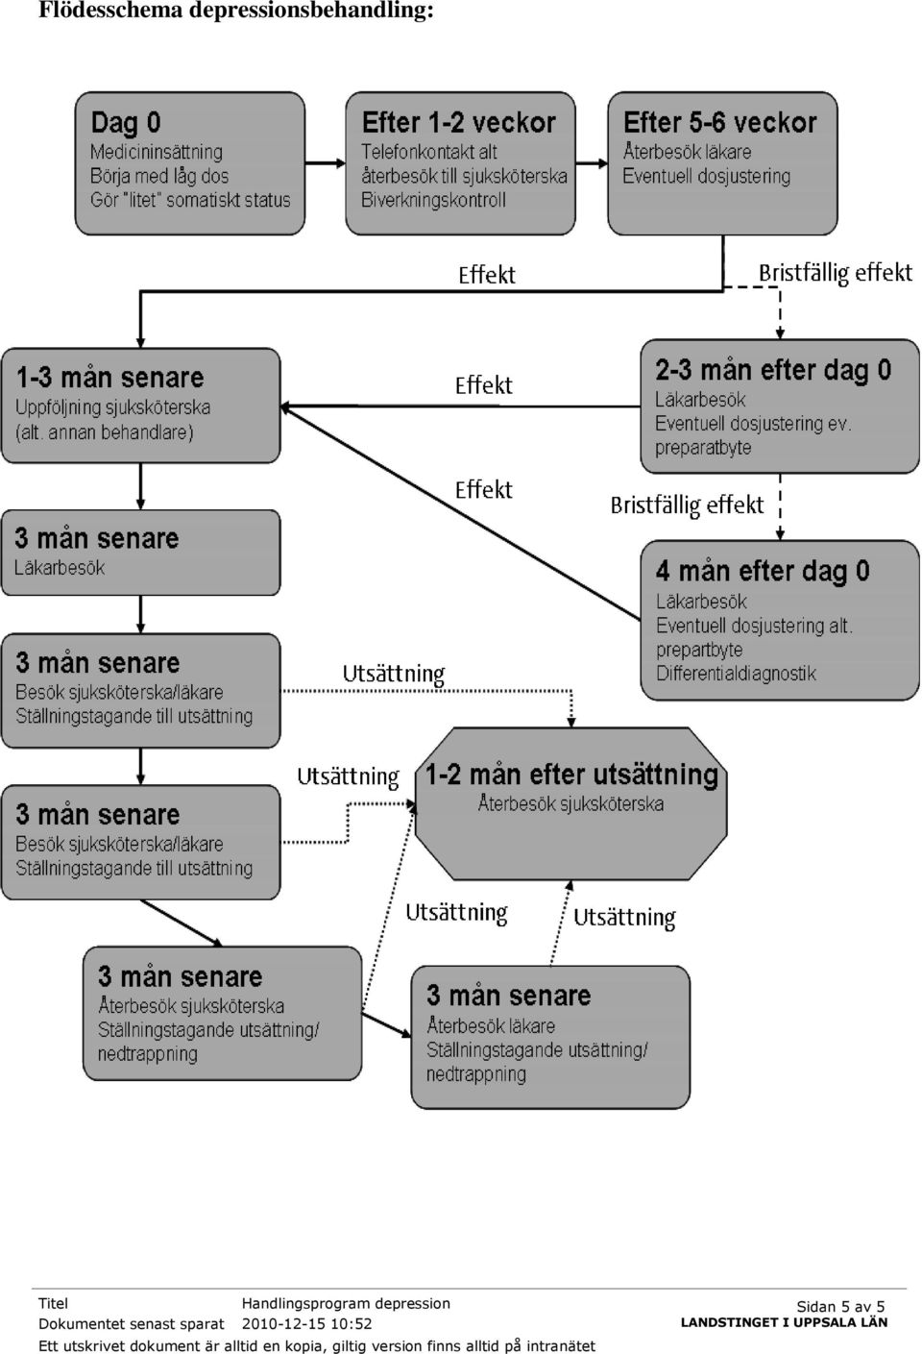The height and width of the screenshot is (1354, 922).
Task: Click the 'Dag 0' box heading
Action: (126, 123)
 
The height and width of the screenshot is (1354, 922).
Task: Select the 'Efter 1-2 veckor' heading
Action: (458, 123)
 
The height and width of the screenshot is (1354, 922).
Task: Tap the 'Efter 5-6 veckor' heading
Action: (719, 123)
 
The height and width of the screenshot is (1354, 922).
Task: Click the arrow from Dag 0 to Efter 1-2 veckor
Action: (325, 163)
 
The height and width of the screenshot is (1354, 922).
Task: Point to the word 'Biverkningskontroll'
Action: (433, 200)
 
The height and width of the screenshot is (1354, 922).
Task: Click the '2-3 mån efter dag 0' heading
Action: (773, 370)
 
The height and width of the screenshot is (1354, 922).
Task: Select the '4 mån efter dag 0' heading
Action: (763, 571)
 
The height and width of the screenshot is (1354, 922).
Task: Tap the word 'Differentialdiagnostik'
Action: (736, 674)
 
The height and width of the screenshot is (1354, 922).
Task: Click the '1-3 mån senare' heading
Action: (109, 378)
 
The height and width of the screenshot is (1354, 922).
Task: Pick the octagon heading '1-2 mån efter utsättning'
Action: (571, 775)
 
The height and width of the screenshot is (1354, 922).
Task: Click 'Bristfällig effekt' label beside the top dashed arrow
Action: (835, 273)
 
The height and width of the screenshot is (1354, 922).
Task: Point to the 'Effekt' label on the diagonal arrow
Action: (483, 490)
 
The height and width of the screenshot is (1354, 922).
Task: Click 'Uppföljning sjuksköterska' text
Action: (113, 407)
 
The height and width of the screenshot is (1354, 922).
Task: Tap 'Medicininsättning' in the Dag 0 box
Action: (157, 152)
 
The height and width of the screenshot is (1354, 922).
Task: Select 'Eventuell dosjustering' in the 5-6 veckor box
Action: (706, 176)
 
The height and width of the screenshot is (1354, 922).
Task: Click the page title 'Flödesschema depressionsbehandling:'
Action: (236, 10)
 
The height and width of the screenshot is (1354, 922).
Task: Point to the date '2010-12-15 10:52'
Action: (307, 1324)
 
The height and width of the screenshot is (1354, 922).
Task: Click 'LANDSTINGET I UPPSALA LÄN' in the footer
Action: (785, 1322)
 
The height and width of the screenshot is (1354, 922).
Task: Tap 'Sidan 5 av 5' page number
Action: (840, 1306)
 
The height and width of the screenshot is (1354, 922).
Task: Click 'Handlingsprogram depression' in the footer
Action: (346, 1303)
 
